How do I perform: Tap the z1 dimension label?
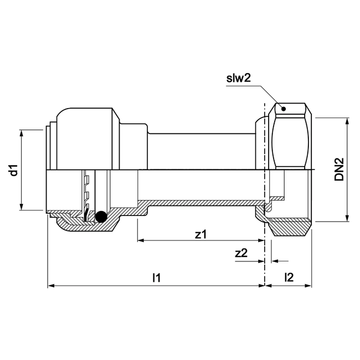pyautogui.click(x=201, y=234)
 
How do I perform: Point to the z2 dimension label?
pyautogui.click(x=241, y=253)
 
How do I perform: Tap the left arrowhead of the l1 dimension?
pyautogui.click(x=52, y=286)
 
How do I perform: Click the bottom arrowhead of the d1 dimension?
pyautogui.click(x=22, y=207)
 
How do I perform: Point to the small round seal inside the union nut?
pyautogui.click(x=269, y=208)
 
